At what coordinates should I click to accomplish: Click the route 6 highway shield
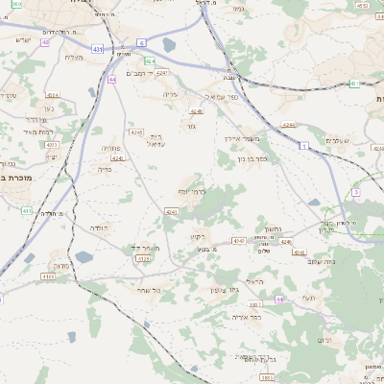click(141, 43)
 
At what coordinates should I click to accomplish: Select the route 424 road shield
click(150, 60)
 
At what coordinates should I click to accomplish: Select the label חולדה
click(101, 228)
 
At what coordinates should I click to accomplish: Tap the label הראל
click(253, 280)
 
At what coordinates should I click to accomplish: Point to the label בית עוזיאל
click(156, 140)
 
